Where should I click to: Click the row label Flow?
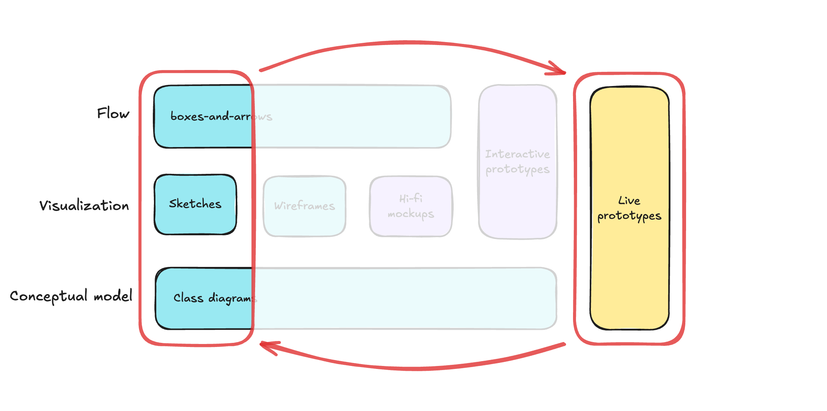pos(113,114)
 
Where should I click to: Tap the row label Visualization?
pos(84,205)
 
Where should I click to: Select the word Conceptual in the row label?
pos(48,296)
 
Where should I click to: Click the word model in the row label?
pos(113,296)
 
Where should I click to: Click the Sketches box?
pos(195,204)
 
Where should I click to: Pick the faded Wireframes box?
pos(304,206)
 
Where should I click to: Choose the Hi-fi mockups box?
pos(411,206)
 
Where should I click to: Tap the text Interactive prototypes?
pos(517,162)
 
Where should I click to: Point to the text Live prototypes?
pos(629,208)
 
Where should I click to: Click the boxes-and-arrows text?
pos(221,117)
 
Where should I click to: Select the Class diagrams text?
pos(215,298)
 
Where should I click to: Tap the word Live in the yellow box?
pos(629,201)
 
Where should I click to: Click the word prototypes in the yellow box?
pos(629,216)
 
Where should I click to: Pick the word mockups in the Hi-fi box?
pos(411,214)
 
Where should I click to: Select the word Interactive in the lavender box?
pos(517,154)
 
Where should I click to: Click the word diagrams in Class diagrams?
pos(232,299)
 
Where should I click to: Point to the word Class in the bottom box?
pos(188,298)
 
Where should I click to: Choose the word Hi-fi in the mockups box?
pos(411,198)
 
